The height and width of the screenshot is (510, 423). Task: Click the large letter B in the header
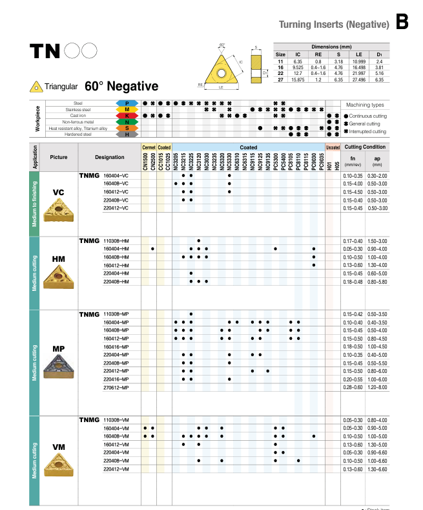402,23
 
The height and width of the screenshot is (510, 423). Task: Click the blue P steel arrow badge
127,103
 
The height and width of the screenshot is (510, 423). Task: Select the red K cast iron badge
127,116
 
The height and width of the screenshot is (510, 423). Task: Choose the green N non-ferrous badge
127,122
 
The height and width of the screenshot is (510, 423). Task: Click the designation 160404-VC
116,176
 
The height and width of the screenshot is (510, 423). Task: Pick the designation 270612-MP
116,387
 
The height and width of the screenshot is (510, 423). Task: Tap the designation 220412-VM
116,469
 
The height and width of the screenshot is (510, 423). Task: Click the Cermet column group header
149,147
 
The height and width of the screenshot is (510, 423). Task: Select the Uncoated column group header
333,147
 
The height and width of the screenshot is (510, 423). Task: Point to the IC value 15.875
298,80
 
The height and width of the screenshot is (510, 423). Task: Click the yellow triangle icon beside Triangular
36,87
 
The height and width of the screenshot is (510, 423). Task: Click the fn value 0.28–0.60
353,387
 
